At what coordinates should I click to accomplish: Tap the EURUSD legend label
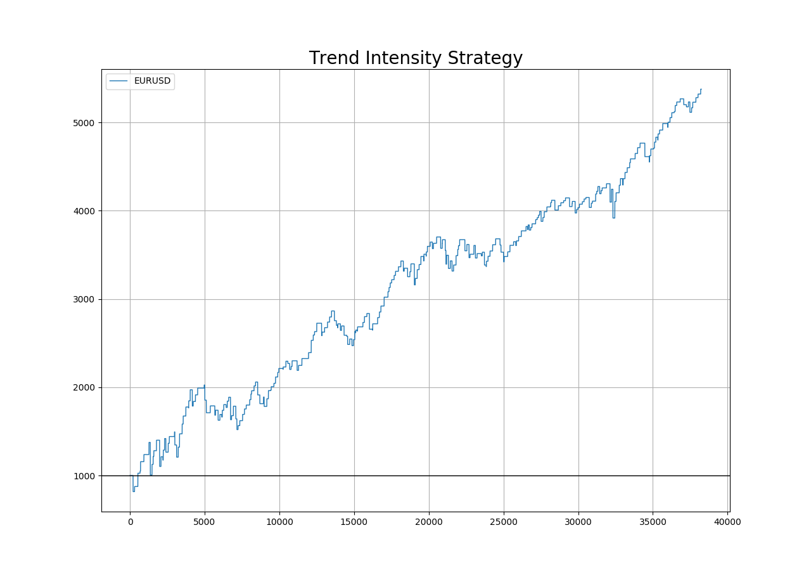point(152,81)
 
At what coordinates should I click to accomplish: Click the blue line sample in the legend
point(120,81)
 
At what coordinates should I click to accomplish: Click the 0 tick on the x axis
point(130,522)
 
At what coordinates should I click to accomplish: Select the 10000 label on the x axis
point(279,522)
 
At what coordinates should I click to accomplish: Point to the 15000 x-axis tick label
point(354,522)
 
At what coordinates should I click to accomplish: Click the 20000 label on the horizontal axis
point(429,522)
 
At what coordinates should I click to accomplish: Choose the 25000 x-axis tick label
point(504,522)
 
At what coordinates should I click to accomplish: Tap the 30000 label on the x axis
point(578,522)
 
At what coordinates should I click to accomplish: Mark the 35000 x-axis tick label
point(653,522)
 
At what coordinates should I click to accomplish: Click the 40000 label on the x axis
point(727,522)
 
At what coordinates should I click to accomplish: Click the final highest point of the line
point(701,89)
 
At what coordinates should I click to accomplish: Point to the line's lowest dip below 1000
point(134,491)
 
